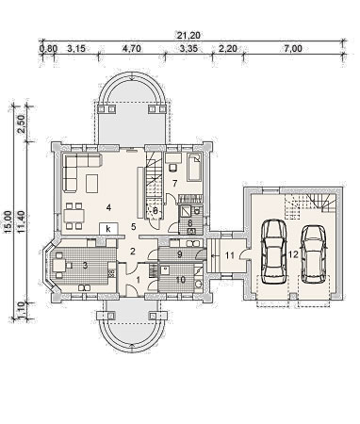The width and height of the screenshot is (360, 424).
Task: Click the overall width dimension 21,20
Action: coord(188,35)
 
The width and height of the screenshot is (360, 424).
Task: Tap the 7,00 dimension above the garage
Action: coord(293,49)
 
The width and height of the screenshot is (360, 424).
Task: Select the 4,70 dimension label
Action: coord(132,49)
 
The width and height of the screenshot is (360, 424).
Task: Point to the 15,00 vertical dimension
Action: coord(8,222)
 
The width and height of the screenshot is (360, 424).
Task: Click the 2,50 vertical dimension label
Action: coord(21,124)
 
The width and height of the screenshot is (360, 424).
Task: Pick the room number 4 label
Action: coord(108,207)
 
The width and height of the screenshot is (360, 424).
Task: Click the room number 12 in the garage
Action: coord(293,254)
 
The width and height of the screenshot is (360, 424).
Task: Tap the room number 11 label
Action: coord(230,255)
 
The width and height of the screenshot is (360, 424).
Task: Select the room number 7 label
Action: coord(175,183)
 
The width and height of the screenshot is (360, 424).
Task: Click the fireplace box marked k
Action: coord(108,229)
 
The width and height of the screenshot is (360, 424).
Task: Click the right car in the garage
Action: coord(314,253)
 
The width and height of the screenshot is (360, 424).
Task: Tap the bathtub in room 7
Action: coord(194,167)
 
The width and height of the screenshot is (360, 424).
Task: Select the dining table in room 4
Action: coord(74,216)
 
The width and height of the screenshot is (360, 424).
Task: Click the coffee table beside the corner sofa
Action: coord(92,184)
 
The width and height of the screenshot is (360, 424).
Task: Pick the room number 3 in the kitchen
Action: coord(85,266)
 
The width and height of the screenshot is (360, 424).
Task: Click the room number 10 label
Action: coord(181,280)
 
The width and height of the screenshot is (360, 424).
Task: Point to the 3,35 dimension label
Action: coord(188,49)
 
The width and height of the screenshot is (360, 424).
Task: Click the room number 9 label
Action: coord(179,254)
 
